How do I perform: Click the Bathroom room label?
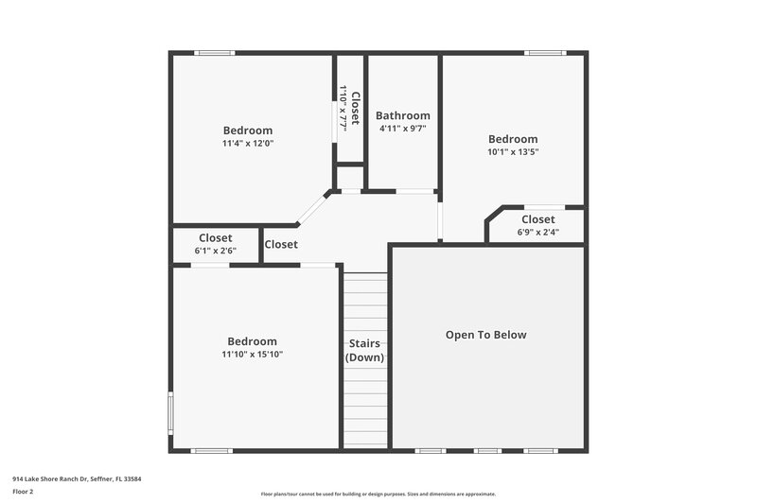click(403, 115)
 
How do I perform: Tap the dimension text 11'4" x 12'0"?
click(248, 144)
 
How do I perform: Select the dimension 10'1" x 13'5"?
click(513, 151)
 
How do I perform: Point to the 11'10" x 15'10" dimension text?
click(252, 355)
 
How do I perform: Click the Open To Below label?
click(486, 335)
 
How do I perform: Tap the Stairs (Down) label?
click(363, 350)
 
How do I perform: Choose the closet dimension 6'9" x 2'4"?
click(537, 232)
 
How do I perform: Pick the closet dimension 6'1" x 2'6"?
click(215, 251)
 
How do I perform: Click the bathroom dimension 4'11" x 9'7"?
click(403, 128)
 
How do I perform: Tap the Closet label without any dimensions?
click(281, 244)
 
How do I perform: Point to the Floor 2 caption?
click(23, 492)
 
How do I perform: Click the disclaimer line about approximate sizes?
click(378, 494)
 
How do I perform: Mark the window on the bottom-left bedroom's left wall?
click(170, 413)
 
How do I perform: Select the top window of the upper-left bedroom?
click(215, 53)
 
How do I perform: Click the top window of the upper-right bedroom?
click(545, 53)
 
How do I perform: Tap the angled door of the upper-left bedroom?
click(311, 209)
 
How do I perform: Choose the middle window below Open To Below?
click(487, 451)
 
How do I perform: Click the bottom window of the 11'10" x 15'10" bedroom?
click(211, 451)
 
